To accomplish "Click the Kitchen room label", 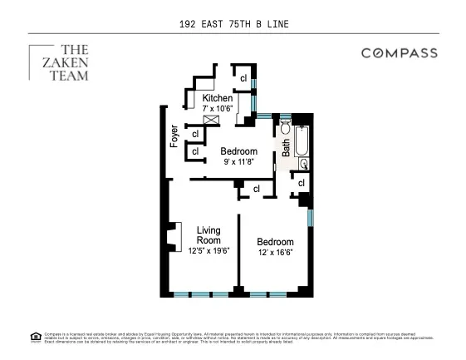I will pyautogui.click(x=218, y=98).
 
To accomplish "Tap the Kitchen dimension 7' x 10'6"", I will pyautogui.click(x=218, y=109).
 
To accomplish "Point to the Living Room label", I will pyautogui.click(x=208, y=234).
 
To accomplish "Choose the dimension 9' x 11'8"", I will pyautogui.click(x=240, y=161).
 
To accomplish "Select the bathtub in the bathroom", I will pyautogui.click(x=302, y=141).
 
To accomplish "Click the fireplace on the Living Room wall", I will pyautogui.click(x=174, y=237).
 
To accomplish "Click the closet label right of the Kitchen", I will pyautogui.click(x=243, y=79).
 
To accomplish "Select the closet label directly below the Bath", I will pyautogui.click(x=301, y=183).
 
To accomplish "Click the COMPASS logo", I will pyautogui.click(x=399, y=53).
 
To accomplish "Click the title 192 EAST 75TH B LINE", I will pyautogui.click(x=233, y=25).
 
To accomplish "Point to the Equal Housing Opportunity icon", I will pyautogui.click(x=35, y=337).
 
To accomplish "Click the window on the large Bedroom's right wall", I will pyautogui.click(x=310, y=218).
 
